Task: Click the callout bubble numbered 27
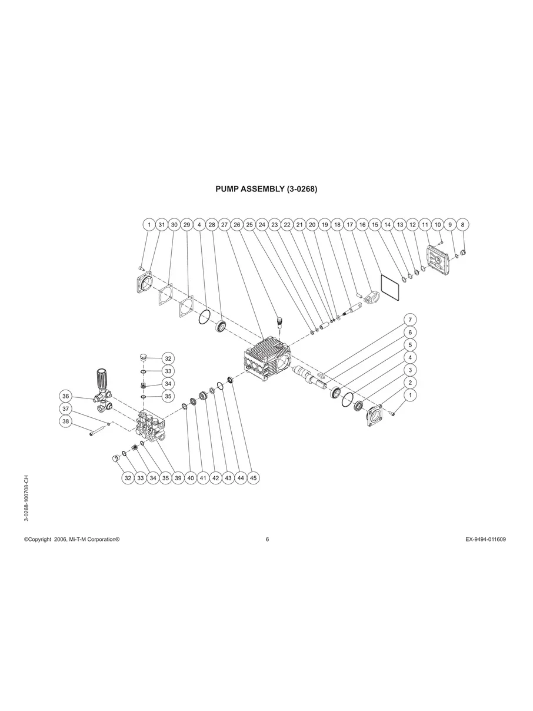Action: click(x=224, y=224)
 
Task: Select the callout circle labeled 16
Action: click(x=362, y=224)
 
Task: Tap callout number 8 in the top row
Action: click(x=463, y=224)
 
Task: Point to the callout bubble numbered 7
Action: click(x=410, y=320)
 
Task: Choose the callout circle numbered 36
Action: click(x=66, y=396)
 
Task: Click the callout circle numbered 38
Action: click(x=66, y=421)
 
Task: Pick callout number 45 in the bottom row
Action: click(x=254, y=478)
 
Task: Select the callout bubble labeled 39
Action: click(x=178, y=478)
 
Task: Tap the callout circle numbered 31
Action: click(x=161, y=224)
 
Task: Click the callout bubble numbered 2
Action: click(x=410, y=383)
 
